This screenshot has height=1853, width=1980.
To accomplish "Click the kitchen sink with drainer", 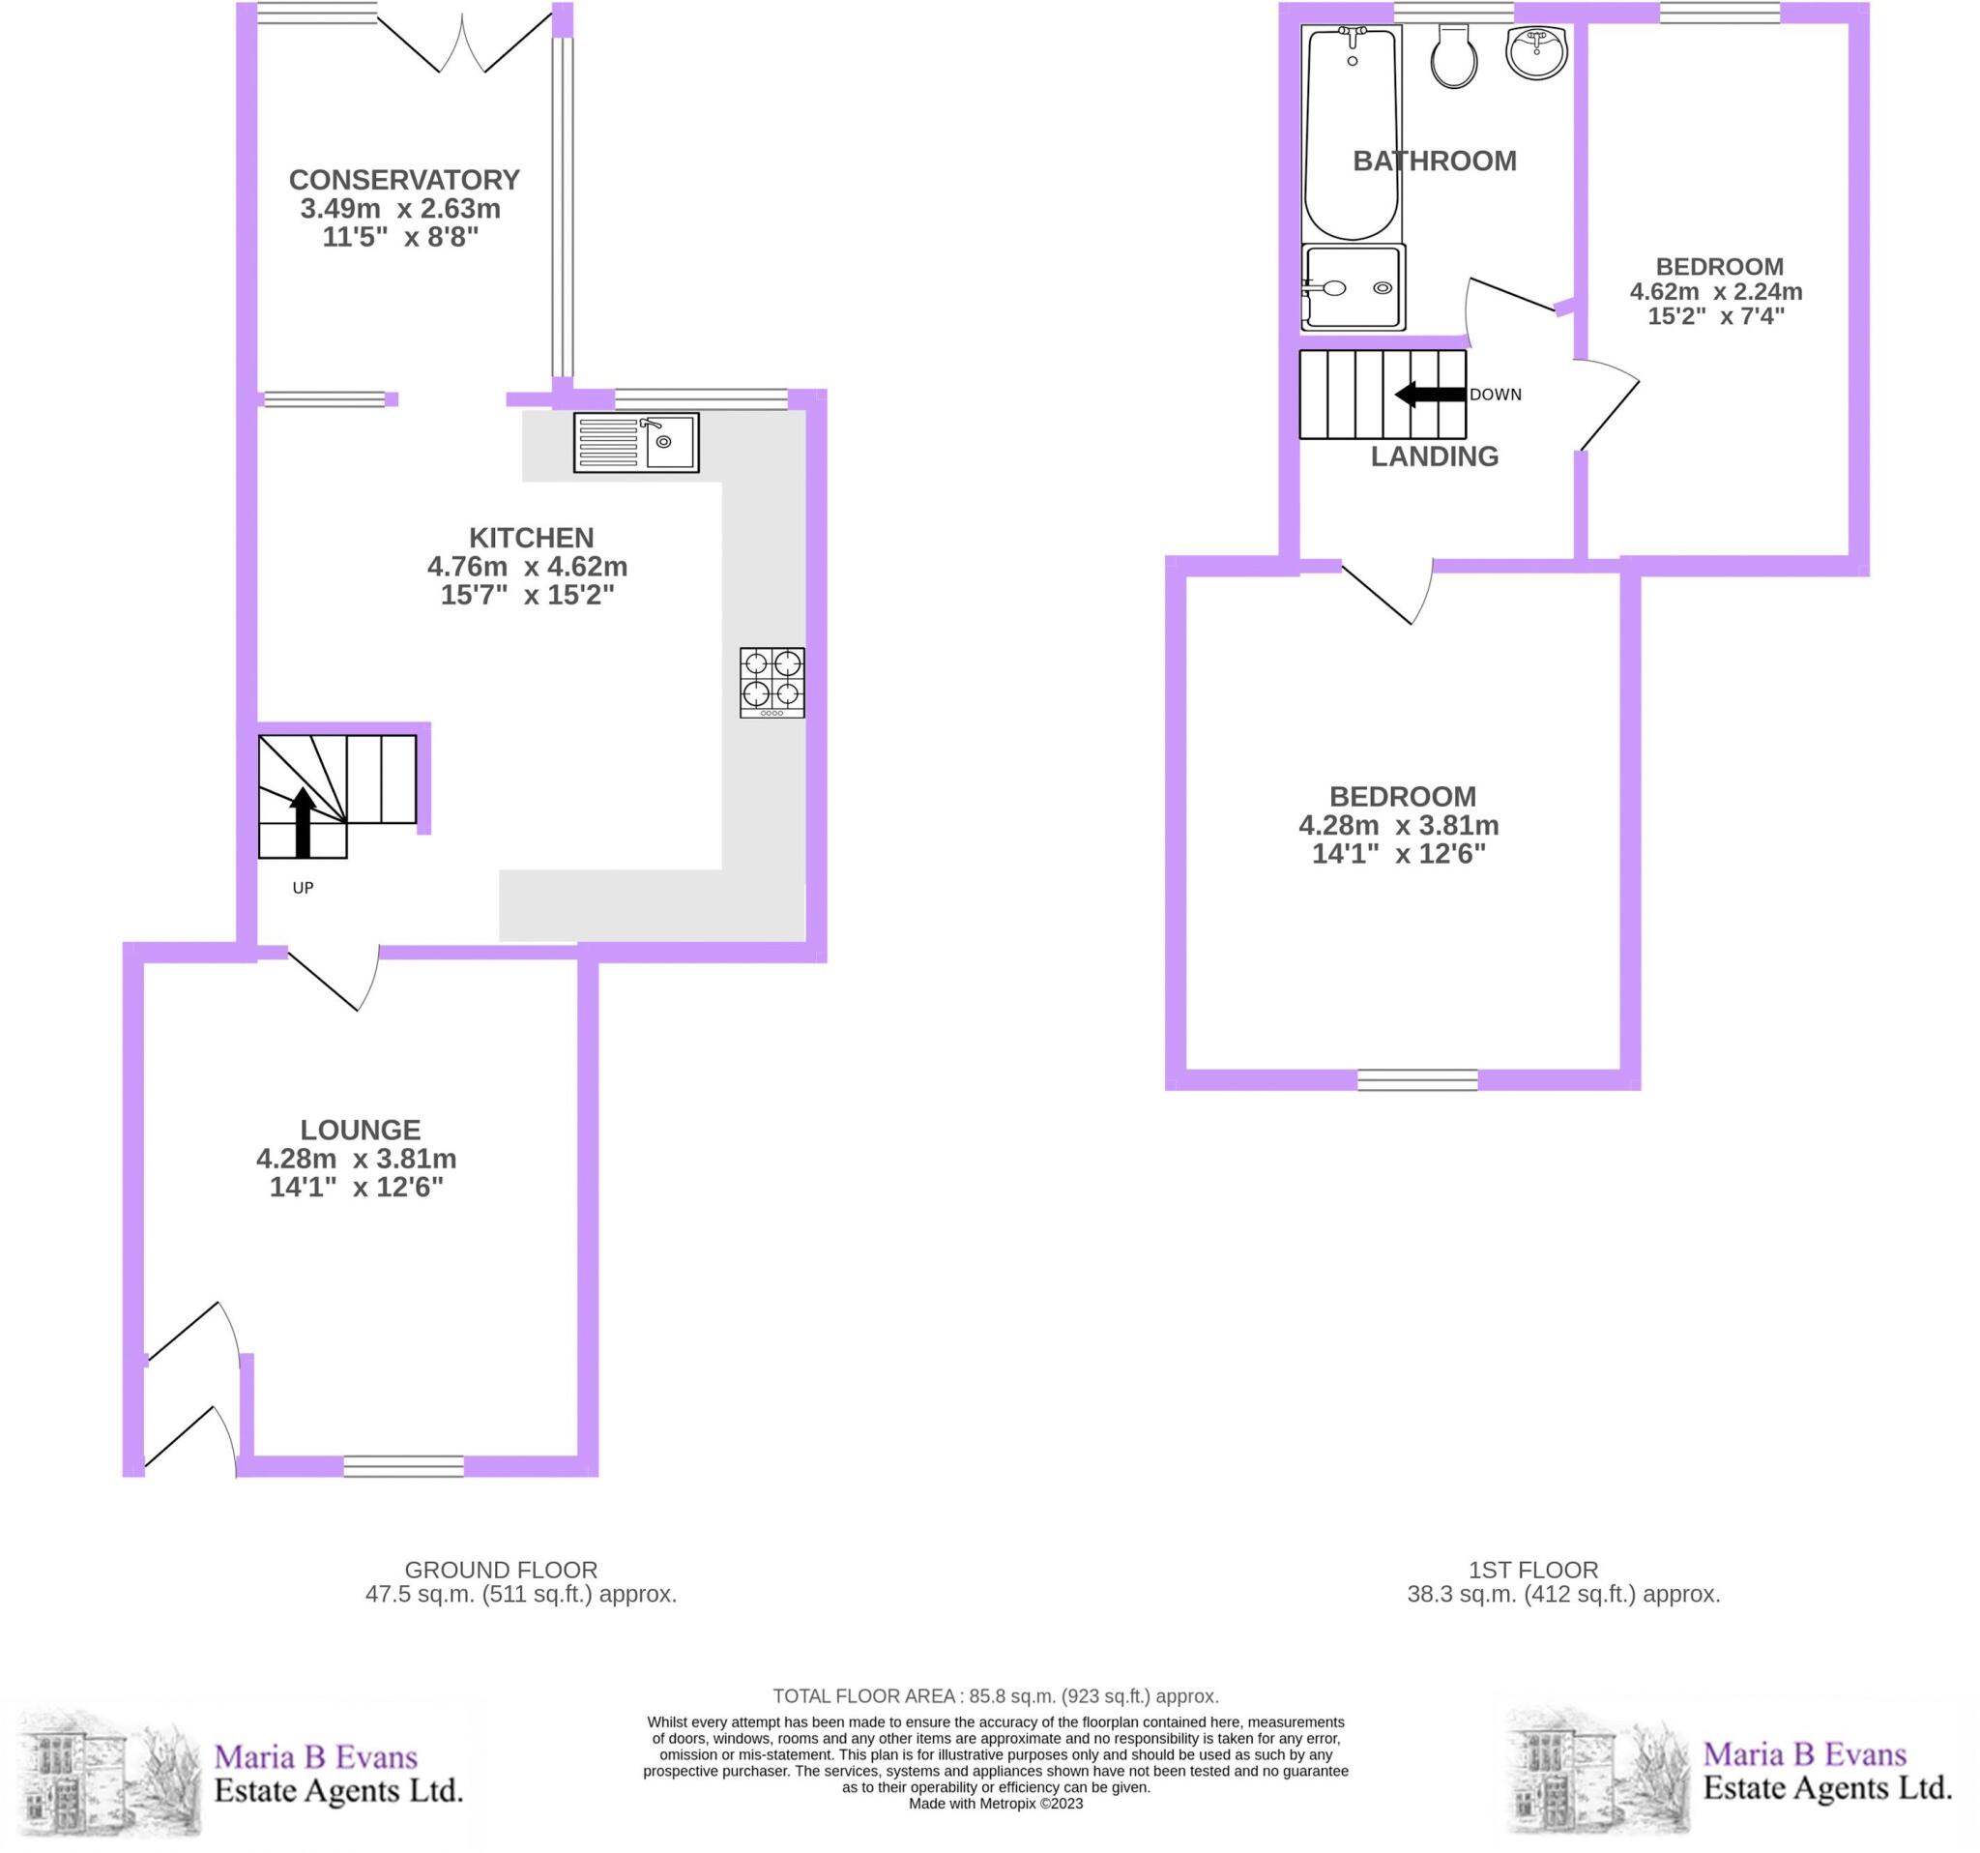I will click(635, 442).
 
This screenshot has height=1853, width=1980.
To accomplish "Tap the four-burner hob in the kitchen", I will click(772, 683).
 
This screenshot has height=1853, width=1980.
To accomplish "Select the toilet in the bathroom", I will click(1453, 58).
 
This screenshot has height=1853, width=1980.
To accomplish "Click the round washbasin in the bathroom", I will click(1537, 53).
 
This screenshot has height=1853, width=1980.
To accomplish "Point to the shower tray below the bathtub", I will click(1353, 287).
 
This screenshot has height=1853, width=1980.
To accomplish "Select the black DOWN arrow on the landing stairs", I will click(1430, 395).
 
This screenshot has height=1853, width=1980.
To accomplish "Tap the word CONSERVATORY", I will click(403, 180).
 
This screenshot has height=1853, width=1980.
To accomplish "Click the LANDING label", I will click(1434, 456).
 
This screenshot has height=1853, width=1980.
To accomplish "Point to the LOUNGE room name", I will click(361, 1130).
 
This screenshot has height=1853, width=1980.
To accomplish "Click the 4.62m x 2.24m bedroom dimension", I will click(1715, 292).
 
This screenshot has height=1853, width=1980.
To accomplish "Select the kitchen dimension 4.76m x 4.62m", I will click(527, 567).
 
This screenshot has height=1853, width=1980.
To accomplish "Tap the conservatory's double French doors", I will click(463, 44).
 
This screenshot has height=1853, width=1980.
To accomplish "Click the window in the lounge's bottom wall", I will click(403, 1466).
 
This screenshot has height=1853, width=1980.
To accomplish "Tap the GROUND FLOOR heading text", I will click(500, 1570).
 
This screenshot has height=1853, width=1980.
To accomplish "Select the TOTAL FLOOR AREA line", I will click(995, 1695).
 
